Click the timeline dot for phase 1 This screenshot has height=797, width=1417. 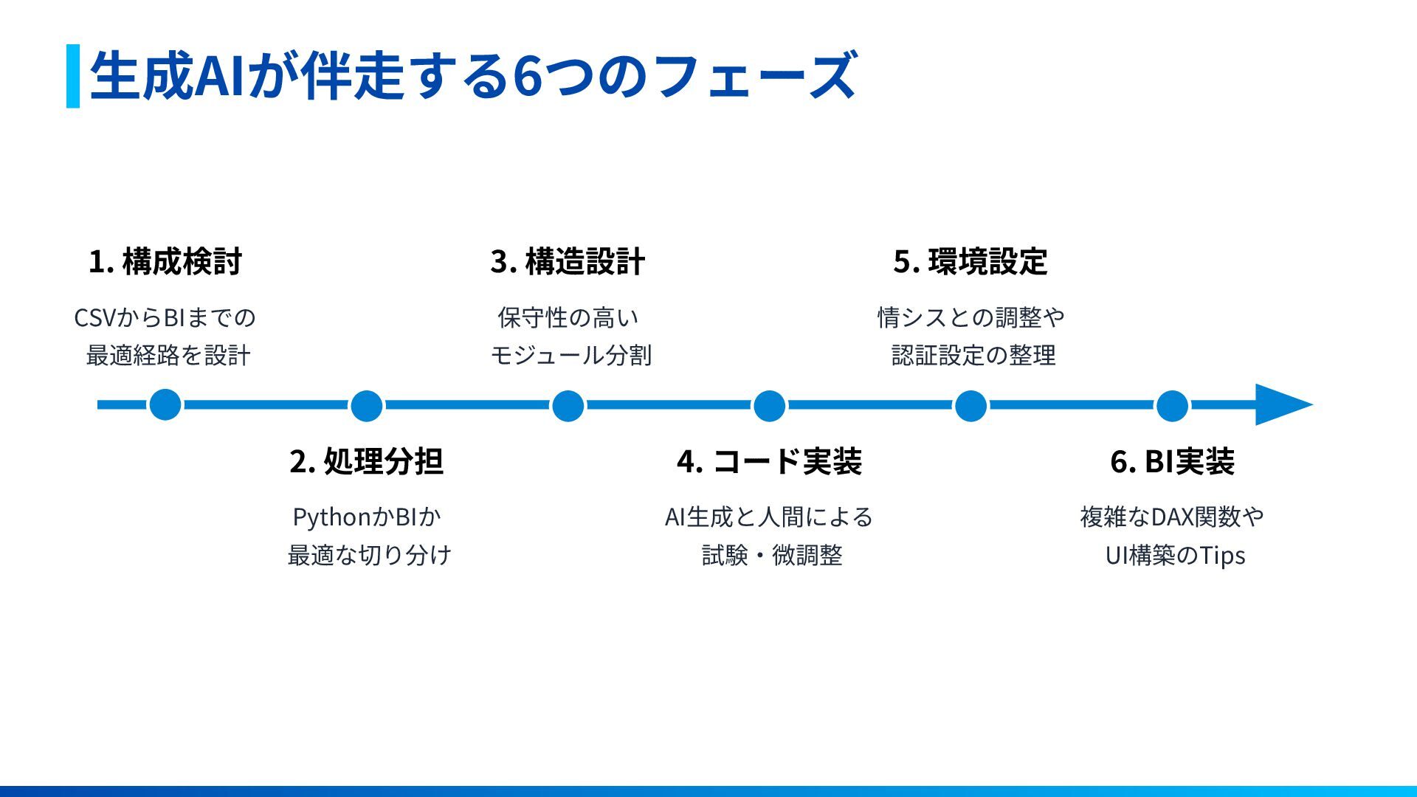click(x=165, y=404)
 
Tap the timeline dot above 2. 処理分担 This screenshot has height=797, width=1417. click(x=367, y=405)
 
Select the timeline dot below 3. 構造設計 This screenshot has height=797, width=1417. click(x=568, y=405)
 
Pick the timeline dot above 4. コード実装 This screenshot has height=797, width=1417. click(x=769, y=405)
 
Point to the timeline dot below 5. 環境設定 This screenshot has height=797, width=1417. click(x=970, y=405)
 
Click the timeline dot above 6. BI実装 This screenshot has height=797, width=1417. click(x=1172, y=405)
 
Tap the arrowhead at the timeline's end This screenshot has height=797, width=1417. click(x=1283, y=404)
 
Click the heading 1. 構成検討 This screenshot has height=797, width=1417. click(x=165, y=261)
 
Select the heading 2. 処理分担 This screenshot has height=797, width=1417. click(x=367, y=461)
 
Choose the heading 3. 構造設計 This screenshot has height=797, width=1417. click(x=568, y=261)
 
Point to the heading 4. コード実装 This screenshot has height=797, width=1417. click(x=769, y=461)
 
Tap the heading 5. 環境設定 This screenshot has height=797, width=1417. click(x=970, y=261)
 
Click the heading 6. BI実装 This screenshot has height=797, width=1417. click(x=1172, y=461)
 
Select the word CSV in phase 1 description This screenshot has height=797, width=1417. click(x=95, y=318)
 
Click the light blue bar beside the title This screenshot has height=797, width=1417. click(x=73, y=76)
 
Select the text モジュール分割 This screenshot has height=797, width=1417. click(x=570, y=356)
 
